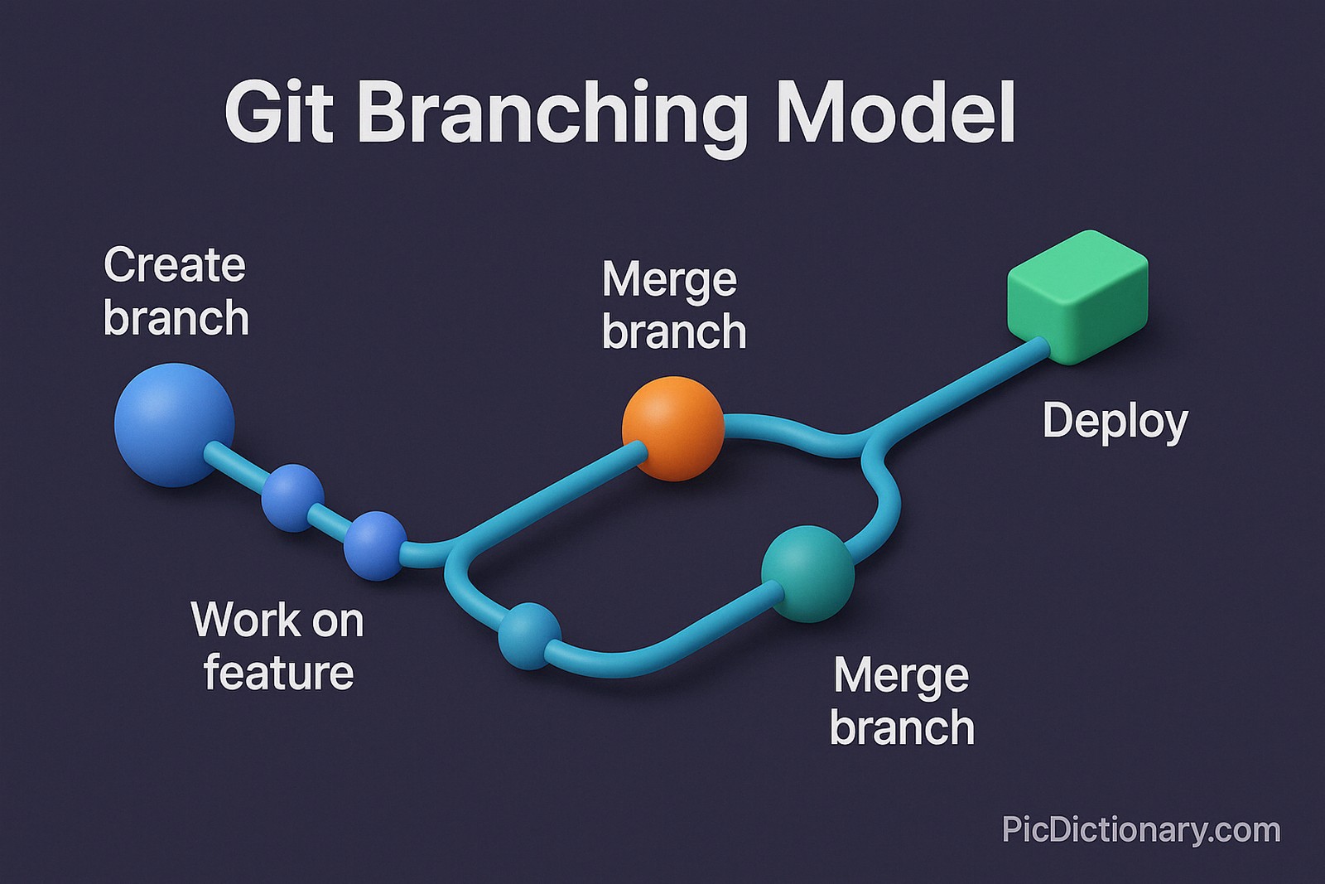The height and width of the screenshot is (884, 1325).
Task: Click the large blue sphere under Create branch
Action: click(x=174, y=424)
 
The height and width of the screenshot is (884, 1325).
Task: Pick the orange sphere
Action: click(x=672, y=428)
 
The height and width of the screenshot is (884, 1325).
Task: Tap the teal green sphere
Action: click(x=807, y=573)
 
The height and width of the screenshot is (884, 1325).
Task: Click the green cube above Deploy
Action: click(x=1077, y=297)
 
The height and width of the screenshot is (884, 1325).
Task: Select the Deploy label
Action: click(x=1115, y=422)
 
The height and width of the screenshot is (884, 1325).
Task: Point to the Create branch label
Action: click(x=176, y=292)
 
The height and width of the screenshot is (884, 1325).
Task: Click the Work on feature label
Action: click(x=278, y=645)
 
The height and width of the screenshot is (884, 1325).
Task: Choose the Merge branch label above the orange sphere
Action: click(x=673, y=306)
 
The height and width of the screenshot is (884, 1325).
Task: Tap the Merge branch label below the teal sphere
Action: click(x=902, y=702)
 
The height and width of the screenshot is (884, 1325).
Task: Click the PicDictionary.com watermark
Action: click(x=1140, y=829)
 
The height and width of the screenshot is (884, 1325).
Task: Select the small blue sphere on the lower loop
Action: click(x=529, y=635)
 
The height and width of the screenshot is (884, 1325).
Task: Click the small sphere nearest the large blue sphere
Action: click(x=292, y=497)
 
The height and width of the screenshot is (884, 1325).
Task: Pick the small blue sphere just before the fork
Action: click(x=376, y=545)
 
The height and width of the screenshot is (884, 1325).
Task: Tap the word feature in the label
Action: click(x=279, y=672)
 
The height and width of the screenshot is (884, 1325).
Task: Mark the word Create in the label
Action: click(x=175, y=265)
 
